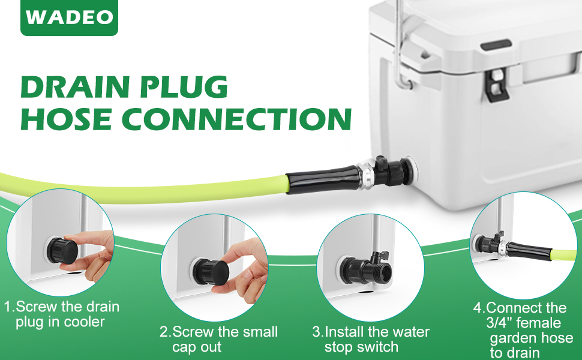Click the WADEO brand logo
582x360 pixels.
70,17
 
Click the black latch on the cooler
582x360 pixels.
498,83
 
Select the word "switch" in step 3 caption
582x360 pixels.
378,347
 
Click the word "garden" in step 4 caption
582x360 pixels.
512,338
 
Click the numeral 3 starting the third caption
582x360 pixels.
316,332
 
